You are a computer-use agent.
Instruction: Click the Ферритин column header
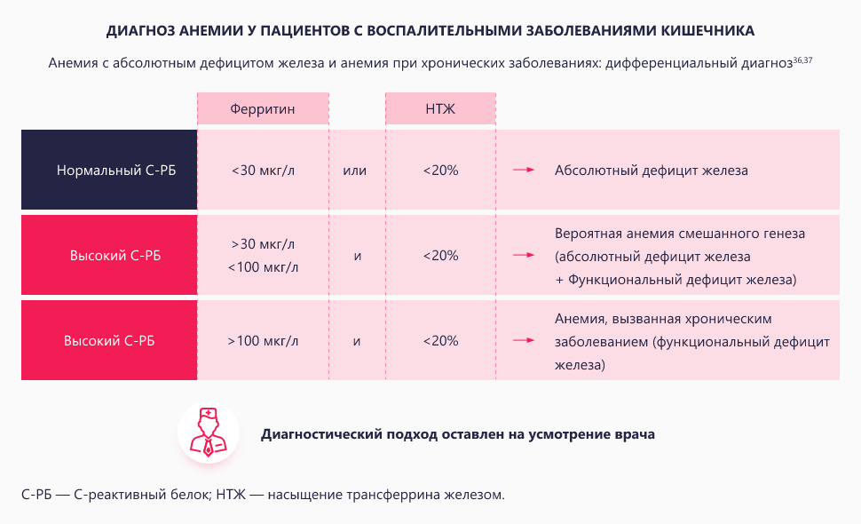pyautogui.click(x=262, y=109)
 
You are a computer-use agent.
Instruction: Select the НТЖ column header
pyautogui.click(x=439, y=109)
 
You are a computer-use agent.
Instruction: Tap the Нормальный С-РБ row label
pyautogui.click(x=109, y=170)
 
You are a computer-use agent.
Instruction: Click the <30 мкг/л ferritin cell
pyautogui.click(x=262, y=170)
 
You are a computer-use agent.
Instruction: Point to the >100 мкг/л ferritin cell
pyautogui.click(x=263, y=340)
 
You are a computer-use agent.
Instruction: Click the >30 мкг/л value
pyautogui.click(x=263, y=243)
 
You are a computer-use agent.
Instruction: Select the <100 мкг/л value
pyautogui.click(x=263, y=266)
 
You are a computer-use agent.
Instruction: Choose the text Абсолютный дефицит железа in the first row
pyautogui.click(x=651, y=170)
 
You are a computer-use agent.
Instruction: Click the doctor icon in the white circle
pyautogui.click(x=209, y=433)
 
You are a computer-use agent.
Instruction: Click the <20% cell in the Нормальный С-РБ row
pyautogui.click(x=440, y=170)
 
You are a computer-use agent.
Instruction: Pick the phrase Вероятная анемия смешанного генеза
pyautogui.click(x=679, y=234)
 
